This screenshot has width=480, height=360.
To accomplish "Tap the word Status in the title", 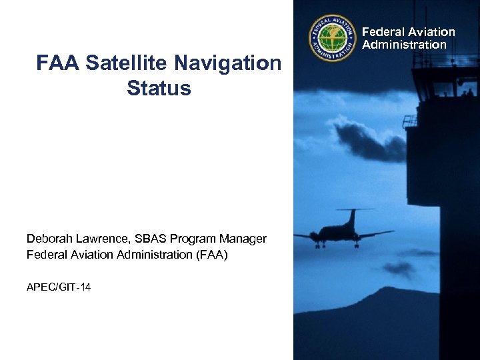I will pos(159,89).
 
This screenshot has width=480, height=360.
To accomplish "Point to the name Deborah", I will pos(48,239).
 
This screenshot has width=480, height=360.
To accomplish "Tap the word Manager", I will pos(245,239).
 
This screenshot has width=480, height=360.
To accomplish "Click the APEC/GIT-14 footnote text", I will pos(59,287).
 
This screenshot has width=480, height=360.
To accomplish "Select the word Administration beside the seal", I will pos(404,45).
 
